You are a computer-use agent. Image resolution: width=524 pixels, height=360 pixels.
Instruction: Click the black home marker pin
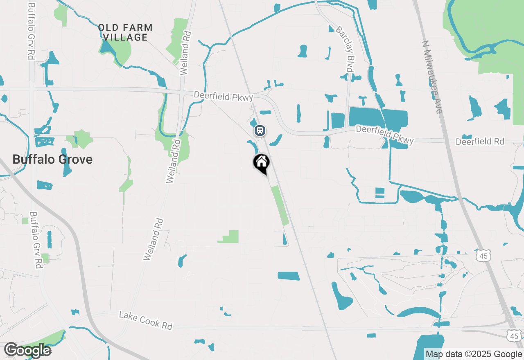tap(261, 163)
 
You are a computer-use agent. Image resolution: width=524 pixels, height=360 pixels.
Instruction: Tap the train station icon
tap(260, 130)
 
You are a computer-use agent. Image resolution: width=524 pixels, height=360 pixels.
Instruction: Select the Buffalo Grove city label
tap(52, 159)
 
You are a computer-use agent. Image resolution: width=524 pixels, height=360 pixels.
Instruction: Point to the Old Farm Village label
tap(125, 33)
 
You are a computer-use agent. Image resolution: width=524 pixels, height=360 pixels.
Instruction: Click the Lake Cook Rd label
tap(146, 320)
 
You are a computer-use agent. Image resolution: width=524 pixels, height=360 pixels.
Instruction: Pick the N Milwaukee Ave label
tap(432, 77)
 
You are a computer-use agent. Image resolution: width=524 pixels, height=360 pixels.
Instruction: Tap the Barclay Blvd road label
tap(344, 49)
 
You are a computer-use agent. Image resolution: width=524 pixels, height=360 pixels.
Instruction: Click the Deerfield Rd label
tap(480, 141)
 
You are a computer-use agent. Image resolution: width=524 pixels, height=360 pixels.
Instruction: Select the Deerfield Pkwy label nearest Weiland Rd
tap(224, 96)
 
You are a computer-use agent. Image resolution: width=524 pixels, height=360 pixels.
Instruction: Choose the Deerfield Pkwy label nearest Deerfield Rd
tap(385, 135)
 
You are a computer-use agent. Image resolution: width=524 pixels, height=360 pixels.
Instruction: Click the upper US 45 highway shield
tap(483, 256)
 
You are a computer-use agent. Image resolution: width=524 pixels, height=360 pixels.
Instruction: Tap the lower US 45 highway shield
tap(514, 336)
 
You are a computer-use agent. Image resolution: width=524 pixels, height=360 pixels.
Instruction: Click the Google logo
tap(27, 350)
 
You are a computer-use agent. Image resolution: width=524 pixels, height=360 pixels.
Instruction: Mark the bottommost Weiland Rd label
tap(154, 240)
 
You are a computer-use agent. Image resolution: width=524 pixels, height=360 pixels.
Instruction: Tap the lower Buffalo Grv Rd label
tap(36, 240)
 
